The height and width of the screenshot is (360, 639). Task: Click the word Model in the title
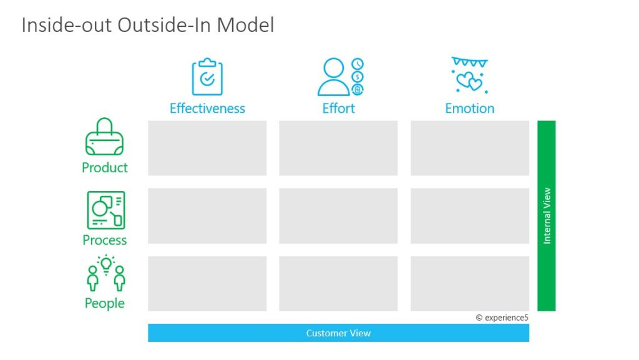[x=245, y=25]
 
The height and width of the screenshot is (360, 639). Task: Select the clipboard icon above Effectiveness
[x=207, y=77]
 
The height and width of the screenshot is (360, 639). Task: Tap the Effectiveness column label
[x=207, y=109]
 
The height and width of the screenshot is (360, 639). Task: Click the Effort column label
[x=338, y=109]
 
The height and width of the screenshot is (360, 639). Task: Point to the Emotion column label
[x=469, y=109]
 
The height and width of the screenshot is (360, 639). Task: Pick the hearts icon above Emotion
[x=469, y=75]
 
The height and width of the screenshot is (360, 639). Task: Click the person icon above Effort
[x=334, y=77]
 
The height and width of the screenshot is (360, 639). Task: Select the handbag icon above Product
[x=105, y=137]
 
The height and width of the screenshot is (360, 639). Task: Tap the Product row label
[x=105, y=167]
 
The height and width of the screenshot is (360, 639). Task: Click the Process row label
[x=105, y=240]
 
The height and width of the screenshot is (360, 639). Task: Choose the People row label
[x=105, y=303]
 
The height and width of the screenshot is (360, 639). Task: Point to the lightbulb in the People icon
[x=106, y=265]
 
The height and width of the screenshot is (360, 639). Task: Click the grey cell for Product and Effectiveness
[x=207, y=148]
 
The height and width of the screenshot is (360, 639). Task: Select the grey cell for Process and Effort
[x=338, y=216]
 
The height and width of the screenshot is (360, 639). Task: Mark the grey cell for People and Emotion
[x=470, y=283]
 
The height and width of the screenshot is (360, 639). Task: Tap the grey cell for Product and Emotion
[x=470, y=148]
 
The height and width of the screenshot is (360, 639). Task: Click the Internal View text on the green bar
[x=547, y=216]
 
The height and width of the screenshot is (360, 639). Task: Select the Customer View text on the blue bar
[x=338, y=333]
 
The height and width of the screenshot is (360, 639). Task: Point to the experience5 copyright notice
[x=502, y=318]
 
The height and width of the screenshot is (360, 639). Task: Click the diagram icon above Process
[x=106, y=210]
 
